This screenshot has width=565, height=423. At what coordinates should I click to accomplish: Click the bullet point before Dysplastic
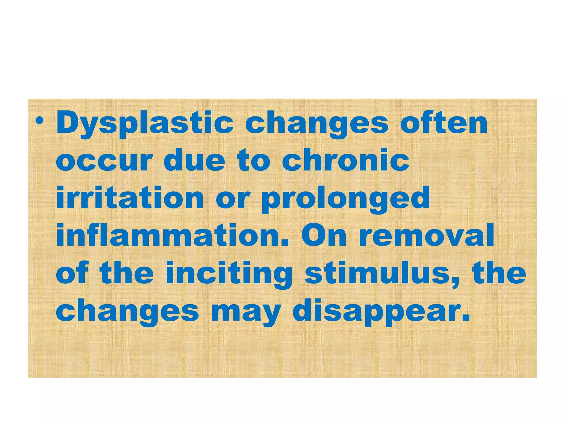tap(40, 121)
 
